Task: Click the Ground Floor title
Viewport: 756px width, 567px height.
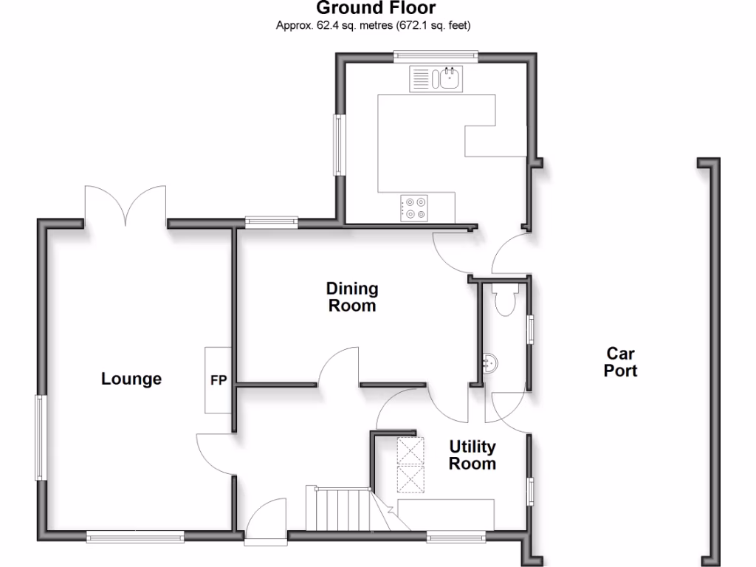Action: [x=376, y=9]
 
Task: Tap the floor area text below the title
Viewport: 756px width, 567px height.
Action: [x=374, y=26]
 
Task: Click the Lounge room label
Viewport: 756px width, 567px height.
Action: [x=131, y=379]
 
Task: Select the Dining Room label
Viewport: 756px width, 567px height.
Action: [x=352, y=297]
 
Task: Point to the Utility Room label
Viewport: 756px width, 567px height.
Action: [x=472, y=455]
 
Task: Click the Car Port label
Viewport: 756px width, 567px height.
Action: [x=620, y=362]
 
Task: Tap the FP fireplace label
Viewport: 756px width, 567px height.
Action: [x=219, y=381]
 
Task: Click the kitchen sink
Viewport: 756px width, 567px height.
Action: [x=447, y=79]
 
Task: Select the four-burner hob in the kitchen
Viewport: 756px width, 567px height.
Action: [x=414, y=207]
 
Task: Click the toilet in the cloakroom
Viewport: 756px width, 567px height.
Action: [x=506, y=301]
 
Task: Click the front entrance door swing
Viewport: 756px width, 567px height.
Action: [x=266, y=520]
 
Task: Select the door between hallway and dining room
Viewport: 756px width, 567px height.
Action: [x=338, y=368]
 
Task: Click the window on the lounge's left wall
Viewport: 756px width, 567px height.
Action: [x=41, y=437]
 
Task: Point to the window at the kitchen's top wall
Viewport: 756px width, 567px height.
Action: [x=435, y=54]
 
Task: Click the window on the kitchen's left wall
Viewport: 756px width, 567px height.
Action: [x=340, y=144]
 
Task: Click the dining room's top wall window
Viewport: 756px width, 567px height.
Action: [x=271, y=220]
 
